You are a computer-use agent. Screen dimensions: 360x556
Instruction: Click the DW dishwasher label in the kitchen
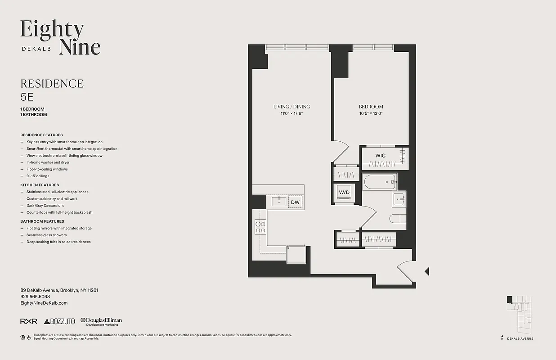[x=295, y=202]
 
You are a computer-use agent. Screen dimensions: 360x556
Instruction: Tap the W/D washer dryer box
[x=344, y=193]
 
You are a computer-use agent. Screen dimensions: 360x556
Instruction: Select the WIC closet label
[x=381, y=156]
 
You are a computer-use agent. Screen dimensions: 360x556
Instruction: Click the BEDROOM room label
[x=371, y=107]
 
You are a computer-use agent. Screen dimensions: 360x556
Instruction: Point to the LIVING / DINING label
[x=291, y=107]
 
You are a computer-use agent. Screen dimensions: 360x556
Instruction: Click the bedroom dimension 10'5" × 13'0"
[x=371, y=113]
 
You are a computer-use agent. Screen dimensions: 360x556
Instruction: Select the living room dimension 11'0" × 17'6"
[x=291, y=113]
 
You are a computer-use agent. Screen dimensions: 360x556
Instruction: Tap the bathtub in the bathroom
[x=379, y=182]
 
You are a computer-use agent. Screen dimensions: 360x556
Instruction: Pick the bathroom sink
[x=399, y=199]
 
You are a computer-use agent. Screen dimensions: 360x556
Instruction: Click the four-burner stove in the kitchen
[x=260, y=226]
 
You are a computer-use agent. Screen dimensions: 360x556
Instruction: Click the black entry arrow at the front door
[x=427, y=271]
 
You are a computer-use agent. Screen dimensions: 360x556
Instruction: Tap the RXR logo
[x=28, y=321]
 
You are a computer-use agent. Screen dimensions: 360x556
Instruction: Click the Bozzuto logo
[x=59, y=321]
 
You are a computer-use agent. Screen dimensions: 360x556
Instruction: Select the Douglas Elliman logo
[x=101, y=321]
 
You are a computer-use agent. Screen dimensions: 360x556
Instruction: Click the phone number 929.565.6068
[x=35, y=297]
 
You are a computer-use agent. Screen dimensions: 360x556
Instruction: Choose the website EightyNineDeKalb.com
[x=44, y=303]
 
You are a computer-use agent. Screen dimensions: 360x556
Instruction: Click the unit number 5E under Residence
[x=27, y=97]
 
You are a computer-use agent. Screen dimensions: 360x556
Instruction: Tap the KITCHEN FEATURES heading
[x=40, y=185]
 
